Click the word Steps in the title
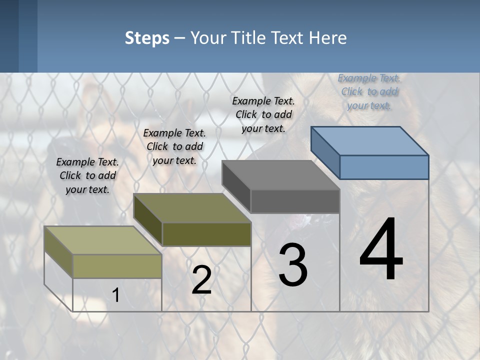pos(147,38)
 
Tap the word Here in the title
pos(328,38)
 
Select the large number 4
pos(381,250)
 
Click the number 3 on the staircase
pos(293,265)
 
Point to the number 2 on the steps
pos(201,280)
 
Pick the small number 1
pos(115,295)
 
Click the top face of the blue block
pos(369,140)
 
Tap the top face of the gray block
pos(281,175)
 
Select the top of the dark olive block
pos(192,208)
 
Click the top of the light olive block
pos(103,240)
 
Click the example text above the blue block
pos(369,91)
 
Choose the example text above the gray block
pos(263,114)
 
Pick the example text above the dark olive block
pos(174,146)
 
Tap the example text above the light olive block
pos(87,175)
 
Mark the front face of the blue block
pos(384,167)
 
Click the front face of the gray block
pos(295,201)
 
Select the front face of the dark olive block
pos(206,234)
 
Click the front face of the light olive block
pos(117,266)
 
